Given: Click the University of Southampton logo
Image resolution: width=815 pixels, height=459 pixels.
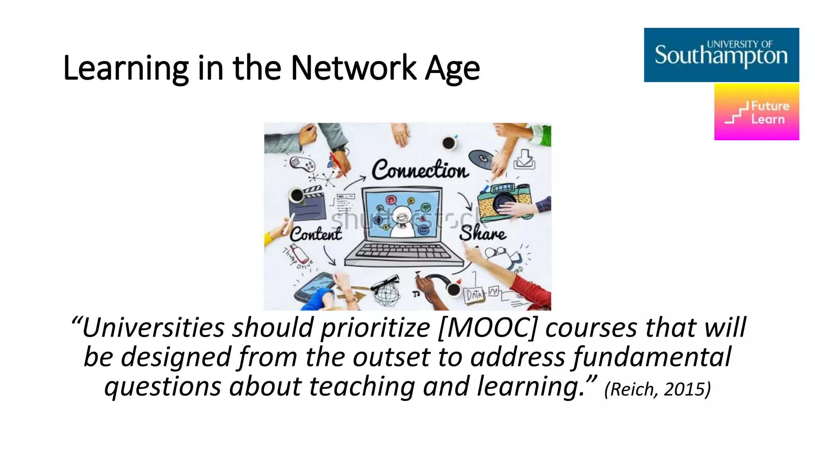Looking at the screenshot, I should (x=721, y=55).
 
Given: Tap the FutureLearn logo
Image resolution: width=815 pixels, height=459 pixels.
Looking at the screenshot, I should (x=756, y=112).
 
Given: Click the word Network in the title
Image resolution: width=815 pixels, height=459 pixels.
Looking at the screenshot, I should (x=353, y=68).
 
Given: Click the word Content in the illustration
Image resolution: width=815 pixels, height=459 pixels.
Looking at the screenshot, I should (x=316, y=234).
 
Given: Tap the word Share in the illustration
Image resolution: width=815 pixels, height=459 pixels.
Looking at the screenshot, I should (x=483, y=233).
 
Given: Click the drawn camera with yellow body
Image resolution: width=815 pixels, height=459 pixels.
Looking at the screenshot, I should (x=503, y=201).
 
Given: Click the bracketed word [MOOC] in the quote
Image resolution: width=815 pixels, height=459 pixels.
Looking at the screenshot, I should (x=487, y=328).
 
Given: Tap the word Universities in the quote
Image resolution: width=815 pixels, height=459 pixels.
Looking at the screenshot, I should (x=153, y=328).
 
